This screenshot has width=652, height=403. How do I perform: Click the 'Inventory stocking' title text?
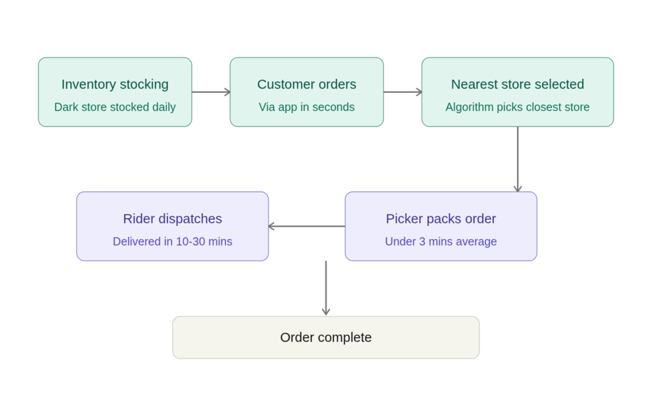[x=115, y=84]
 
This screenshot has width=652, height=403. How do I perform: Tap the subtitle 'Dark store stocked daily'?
[x=115, y=107]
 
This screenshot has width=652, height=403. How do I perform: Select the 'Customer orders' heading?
[x=306, y=84]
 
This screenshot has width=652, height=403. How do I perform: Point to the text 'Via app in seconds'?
[x=306, y=107]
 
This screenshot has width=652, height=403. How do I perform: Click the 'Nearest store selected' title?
[x=517, y=84]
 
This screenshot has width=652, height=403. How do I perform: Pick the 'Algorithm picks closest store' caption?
[x=517, y=107]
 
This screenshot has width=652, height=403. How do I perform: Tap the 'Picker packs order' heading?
[x=441, y=218]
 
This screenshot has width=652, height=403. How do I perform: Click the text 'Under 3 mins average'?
[x=441, y=241]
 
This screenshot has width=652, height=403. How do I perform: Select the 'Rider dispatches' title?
[x=173, y=218]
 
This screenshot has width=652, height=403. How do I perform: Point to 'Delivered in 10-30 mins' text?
[x=173, y=241]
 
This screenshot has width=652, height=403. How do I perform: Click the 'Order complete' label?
[x=325, y=337]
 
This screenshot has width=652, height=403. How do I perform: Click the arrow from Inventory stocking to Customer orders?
[x=211, y=92]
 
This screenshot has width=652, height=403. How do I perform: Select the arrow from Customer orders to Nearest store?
[x=402, y=92]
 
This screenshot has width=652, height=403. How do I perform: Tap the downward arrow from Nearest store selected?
[x=518, y=159]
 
